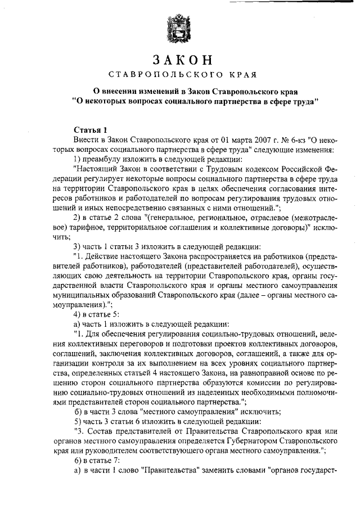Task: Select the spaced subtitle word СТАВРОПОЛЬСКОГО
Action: [x=159, y=74]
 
